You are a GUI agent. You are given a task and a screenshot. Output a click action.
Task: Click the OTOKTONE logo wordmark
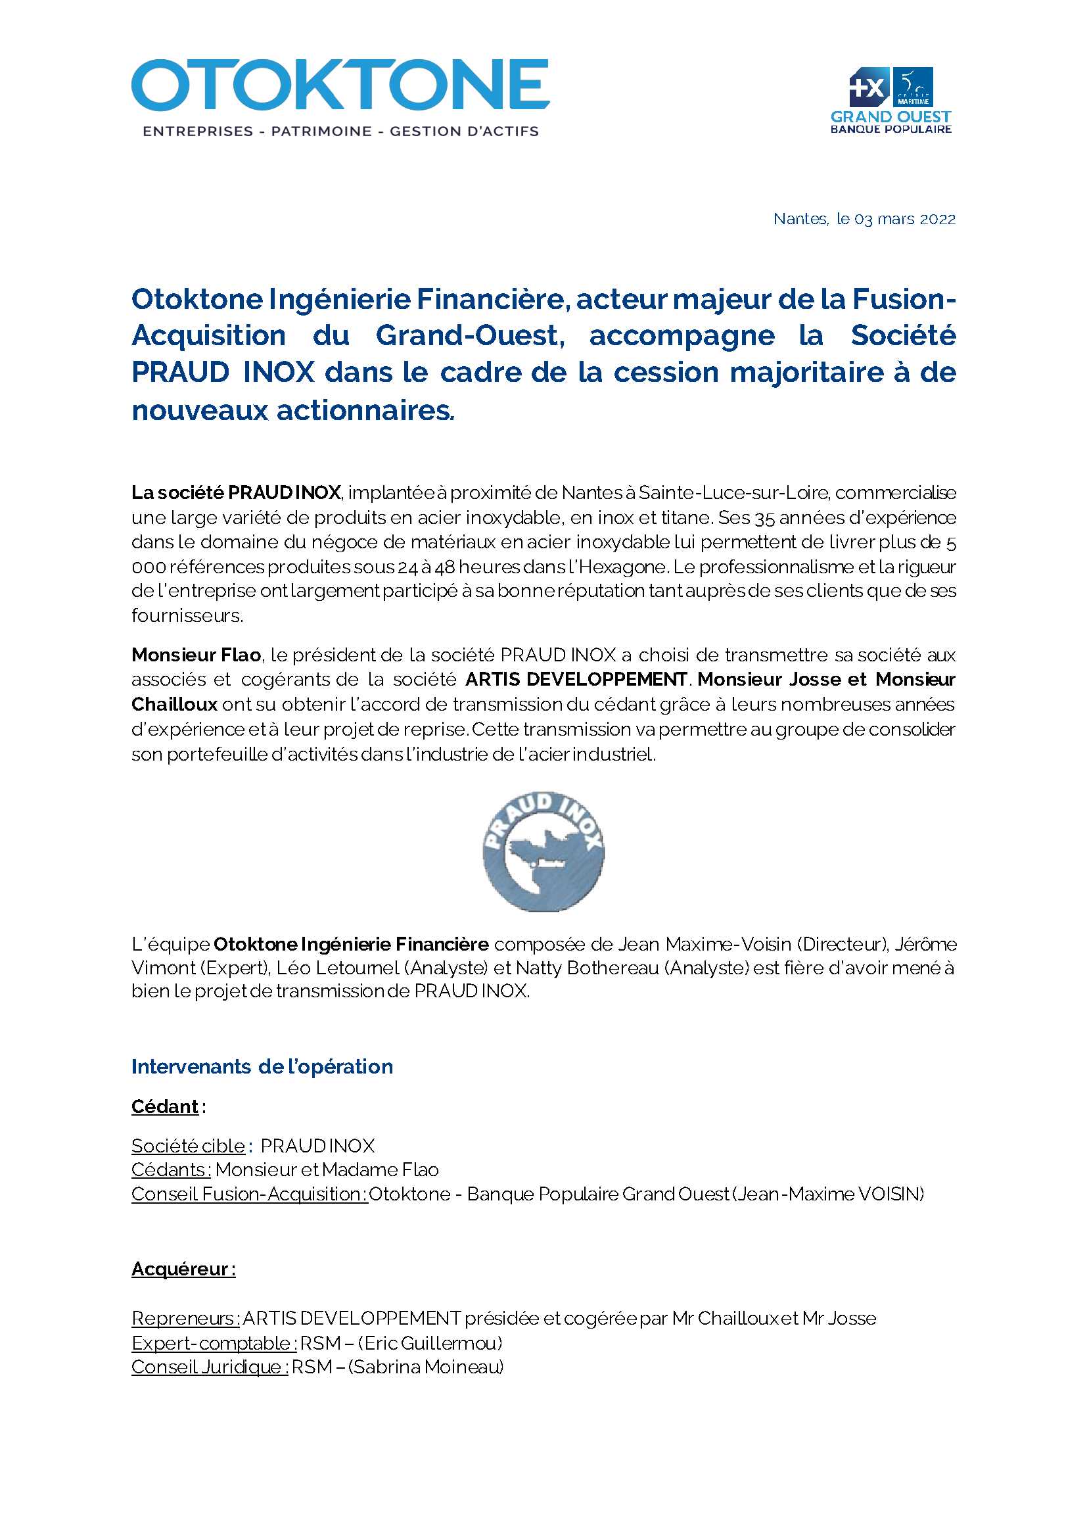coord(340,85)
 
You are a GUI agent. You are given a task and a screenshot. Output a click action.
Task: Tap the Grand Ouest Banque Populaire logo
coord(891,101)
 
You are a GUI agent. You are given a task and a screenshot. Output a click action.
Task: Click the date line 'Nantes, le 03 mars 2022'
coord(864,219)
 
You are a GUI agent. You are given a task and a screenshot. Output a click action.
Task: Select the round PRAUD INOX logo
coord(543,851)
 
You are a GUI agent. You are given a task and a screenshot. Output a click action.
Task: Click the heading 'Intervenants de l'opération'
coord(262,1066)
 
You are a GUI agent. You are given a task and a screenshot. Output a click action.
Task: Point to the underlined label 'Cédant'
coord(165,1106)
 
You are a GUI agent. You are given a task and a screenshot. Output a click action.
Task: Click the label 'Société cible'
coord(188,1146)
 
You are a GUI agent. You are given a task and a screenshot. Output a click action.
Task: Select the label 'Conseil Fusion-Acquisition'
coord(249,1194)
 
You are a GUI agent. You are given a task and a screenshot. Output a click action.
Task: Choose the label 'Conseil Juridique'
coord(208,1367)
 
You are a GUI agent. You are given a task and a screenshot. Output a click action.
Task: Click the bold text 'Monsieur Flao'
coord(195,655)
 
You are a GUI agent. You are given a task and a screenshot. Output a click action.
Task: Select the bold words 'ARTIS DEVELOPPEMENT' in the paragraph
coord(576,680)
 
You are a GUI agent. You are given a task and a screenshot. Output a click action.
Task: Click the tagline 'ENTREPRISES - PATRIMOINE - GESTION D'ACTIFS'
coord(340,131)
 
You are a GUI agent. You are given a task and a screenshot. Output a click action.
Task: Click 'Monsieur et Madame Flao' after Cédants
coord(327,1170)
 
